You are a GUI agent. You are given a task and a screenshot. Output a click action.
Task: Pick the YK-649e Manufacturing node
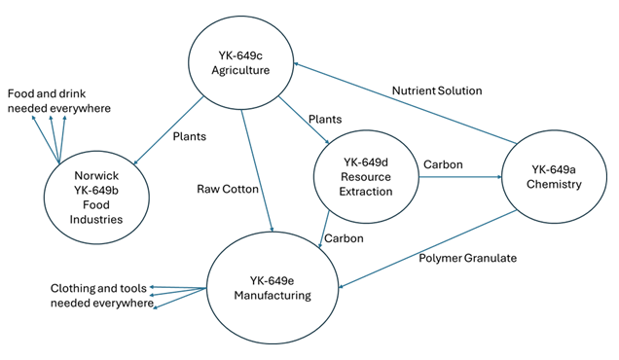(273, 285)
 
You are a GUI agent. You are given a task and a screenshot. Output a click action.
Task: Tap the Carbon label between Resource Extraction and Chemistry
(442, 164)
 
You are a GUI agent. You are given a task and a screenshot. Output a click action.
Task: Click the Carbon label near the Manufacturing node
(344, 236)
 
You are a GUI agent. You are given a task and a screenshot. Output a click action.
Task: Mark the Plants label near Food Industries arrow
(190, 136)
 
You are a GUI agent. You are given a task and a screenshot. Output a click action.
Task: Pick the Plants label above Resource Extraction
(324, 119)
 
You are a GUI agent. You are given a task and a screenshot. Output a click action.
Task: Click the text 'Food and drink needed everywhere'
(59, 100)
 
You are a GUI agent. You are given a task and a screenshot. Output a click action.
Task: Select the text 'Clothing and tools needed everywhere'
(102, 296)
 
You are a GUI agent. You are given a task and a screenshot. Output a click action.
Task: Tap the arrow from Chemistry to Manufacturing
(428, 244)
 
